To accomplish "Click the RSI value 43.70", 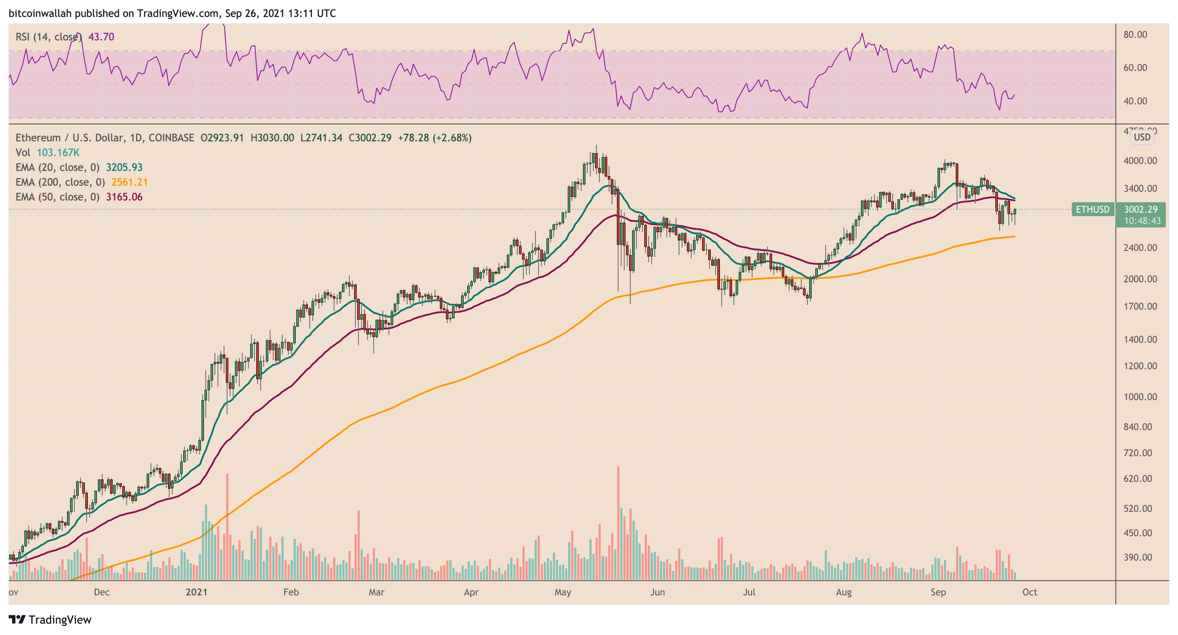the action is pyautogui.click(x=101, y=37).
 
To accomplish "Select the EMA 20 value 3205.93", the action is pyautogui.click(x=124, y=167).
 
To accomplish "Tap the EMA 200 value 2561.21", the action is pyautogui.click(x=130, y=182).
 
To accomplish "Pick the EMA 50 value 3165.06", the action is pyautogui.click(x=124, y=197).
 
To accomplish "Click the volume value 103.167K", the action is pyautogui.click(x=58, y=153).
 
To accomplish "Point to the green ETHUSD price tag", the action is pyautogui.click(x=1092, y=209).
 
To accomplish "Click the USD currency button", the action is pyautogui.click(x=1142, y=137).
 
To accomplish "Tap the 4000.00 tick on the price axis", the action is pyautogui.click(x=1141, y=161).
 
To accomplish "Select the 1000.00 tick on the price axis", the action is pyautogui.click(x=1141, y=397).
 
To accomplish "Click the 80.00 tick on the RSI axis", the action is pyautogui.click(x=1135, y=35).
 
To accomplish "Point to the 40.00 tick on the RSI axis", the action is pyautogui.click(x=1135, y=101).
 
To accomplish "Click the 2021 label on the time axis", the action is pyautogui.click(x=196, y=592).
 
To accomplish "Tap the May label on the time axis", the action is pyautogui.click(x=563, y=592).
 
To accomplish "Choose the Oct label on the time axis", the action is pyautogui.click(x=1030, y=592).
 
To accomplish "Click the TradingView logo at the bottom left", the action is pyautogui.click(x=50, y=619).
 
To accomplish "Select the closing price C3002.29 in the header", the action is pyautogui.click(x=370, y=137).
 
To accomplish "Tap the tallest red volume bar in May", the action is pyautogui.click(x=618, y=523).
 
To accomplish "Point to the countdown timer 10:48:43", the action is pyautogui.click(x=1142, y=221).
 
